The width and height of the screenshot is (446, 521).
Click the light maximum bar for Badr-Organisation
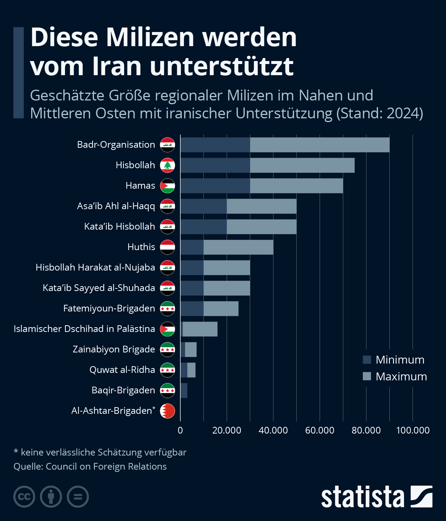(x=320, y=145)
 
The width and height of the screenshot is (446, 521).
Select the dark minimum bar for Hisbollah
(x=215, y=165)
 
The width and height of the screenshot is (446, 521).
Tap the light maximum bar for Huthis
(x=238, y=247)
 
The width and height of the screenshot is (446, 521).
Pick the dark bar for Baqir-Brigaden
(x=184, y=390)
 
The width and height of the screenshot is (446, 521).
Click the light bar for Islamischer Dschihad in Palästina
(x=200, y=329)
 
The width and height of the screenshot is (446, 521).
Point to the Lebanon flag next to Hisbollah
(x=168, y=165)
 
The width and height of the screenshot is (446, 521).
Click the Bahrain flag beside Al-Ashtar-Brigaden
(x=168, y=411)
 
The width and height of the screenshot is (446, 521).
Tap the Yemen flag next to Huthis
(x=168, y=247)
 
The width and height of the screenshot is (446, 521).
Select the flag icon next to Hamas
(x=168, y=186)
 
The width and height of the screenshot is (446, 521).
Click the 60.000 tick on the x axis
(x=320, y=430)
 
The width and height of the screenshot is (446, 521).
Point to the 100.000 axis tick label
(x=413, y=430)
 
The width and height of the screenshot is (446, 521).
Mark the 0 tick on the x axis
(x=180, y=430)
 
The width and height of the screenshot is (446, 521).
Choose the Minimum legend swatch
(x=367, y=359)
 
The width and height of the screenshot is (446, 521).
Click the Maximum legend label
(x=401, y=376)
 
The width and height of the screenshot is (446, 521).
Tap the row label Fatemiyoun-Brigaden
(x=109, y=309)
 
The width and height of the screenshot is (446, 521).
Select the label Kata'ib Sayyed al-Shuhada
(x=99, y=288)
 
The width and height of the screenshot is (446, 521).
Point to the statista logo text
(x=362, y=497)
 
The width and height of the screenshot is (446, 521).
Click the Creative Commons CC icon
(x=24, y=497)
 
